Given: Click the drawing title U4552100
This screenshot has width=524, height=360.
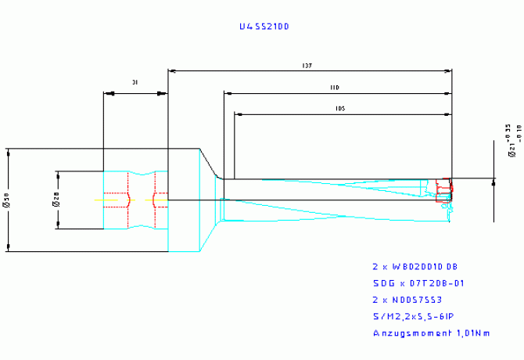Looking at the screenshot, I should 264,27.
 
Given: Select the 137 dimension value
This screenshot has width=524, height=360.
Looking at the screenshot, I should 310,66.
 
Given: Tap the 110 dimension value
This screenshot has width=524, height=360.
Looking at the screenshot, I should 335,87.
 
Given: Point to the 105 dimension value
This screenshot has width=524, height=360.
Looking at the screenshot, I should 339,109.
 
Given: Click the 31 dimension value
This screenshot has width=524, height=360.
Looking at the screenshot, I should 135,81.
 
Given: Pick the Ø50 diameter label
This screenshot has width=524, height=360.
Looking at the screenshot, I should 8,201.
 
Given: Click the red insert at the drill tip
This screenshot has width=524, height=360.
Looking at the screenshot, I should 444,187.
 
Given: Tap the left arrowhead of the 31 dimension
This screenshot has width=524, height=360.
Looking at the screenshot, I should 107,94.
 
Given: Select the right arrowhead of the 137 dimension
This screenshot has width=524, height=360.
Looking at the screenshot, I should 448,71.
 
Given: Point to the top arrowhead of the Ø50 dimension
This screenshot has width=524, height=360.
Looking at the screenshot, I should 8,151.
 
